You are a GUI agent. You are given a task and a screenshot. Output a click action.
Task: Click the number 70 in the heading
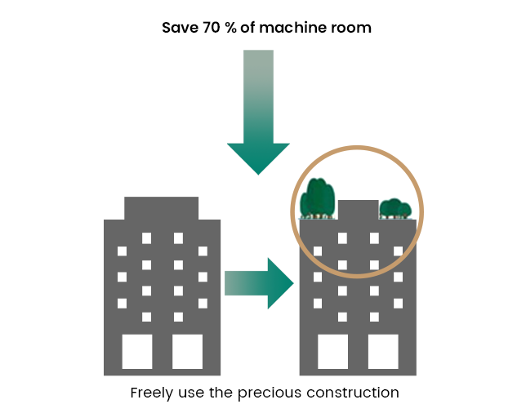tap(210, 28)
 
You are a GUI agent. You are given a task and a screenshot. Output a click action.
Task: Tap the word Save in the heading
tap(180, 28)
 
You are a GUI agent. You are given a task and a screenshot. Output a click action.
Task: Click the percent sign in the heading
tap(230, 28)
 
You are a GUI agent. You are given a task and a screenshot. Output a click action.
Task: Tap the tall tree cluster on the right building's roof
tap(318, 198)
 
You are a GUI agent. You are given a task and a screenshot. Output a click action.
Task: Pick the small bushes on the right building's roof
tap(395, 209)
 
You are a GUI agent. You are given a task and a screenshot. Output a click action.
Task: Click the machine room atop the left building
tap(162, 208)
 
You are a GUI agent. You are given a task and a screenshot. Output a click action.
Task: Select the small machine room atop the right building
tap(358, 210)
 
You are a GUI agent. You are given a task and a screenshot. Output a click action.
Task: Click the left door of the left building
tap(137, 351)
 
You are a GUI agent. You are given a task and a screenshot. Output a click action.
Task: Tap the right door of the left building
tap(187, 351)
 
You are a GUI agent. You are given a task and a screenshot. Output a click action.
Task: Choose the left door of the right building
tap(333, 351)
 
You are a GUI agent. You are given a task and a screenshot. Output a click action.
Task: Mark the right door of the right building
tap(383, 351)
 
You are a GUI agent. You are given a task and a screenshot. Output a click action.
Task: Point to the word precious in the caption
tap(270, 393)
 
